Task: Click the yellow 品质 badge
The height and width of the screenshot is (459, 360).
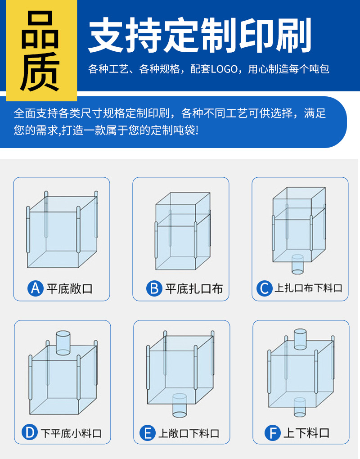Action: click(41, 50)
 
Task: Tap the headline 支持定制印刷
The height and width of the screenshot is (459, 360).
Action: click(200, 35)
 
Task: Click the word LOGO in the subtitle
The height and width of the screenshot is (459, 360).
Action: click(224, 69)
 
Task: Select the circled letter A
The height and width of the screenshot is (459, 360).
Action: click(36, 288)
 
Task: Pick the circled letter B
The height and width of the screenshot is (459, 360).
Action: click(154, 288)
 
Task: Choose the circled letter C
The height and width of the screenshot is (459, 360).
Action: click(265, 288)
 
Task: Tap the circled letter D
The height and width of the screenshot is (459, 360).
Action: click(30, 432)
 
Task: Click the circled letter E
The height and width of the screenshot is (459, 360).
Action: click(148, 433)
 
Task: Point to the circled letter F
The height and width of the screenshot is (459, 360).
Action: click(273, 433)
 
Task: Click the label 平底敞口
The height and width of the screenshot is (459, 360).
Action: click(70, 288)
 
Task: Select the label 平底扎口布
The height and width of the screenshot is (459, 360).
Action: click(194, 288)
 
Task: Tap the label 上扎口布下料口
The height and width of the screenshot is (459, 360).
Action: click(309, 288)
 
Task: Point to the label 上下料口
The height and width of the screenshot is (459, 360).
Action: click(306, 433)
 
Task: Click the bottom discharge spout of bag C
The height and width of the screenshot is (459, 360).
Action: click(297, 264)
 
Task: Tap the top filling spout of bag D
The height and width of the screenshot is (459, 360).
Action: click(63, 343)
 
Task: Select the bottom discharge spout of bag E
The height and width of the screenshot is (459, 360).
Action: click(180, 405)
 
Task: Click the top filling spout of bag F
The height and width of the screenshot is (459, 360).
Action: click(300, 339)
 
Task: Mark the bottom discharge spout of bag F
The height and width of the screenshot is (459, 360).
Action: click(299, 407)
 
